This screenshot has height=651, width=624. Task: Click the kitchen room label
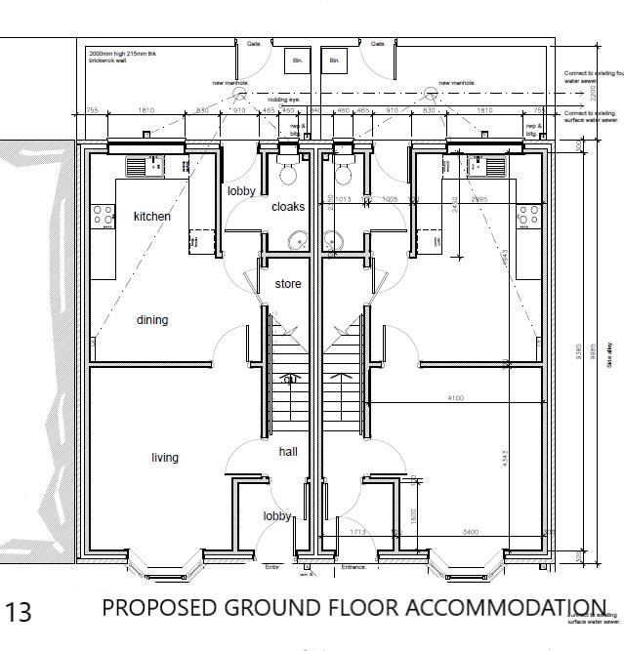151,217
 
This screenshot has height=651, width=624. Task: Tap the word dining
151,320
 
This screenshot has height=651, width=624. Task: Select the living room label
165,458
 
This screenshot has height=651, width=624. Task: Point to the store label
287,284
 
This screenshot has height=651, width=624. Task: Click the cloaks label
288,207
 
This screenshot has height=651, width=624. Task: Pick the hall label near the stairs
288,452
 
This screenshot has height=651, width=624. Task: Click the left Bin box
295,61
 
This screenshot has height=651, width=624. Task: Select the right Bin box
334,61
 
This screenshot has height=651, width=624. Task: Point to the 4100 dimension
455,398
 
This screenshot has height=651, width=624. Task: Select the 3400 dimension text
470,532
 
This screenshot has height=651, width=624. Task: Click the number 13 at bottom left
19,613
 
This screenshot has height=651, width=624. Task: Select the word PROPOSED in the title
160,608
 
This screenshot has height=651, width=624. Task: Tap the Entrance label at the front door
354,567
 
